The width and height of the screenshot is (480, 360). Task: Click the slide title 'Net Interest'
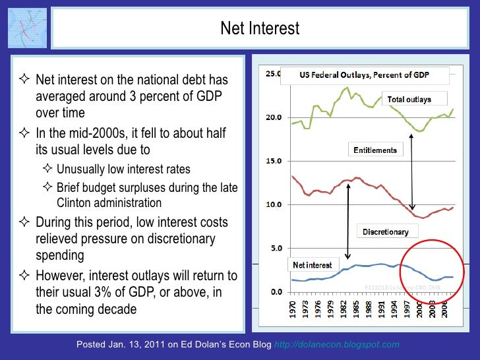[x=259, y=28]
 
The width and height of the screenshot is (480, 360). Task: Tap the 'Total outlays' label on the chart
[x=409, y=100]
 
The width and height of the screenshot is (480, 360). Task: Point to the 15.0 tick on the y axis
[x=272, y=161]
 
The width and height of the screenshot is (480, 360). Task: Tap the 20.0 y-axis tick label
[x=272, y=117]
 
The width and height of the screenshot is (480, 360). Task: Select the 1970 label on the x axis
[x=293, y=310]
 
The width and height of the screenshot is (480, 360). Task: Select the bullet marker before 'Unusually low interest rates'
[x=47, y=169]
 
